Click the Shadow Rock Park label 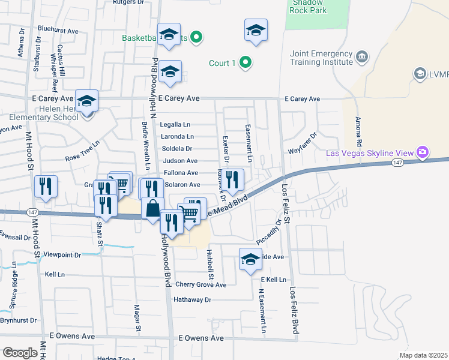(309, 6)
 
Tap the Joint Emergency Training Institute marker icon (361, 58)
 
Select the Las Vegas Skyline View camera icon (423, 152)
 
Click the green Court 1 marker (245, 62)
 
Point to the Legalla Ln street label (175, 125)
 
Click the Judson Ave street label (180, 161)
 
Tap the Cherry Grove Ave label (200, 285)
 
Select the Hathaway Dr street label (193, 299)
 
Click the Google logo (20, 352)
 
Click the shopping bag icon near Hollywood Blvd (153, 209)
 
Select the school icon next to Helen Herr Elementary (87, 101)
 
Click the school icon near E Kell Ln (250, 259)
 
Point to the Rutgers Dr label (129, 2)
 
